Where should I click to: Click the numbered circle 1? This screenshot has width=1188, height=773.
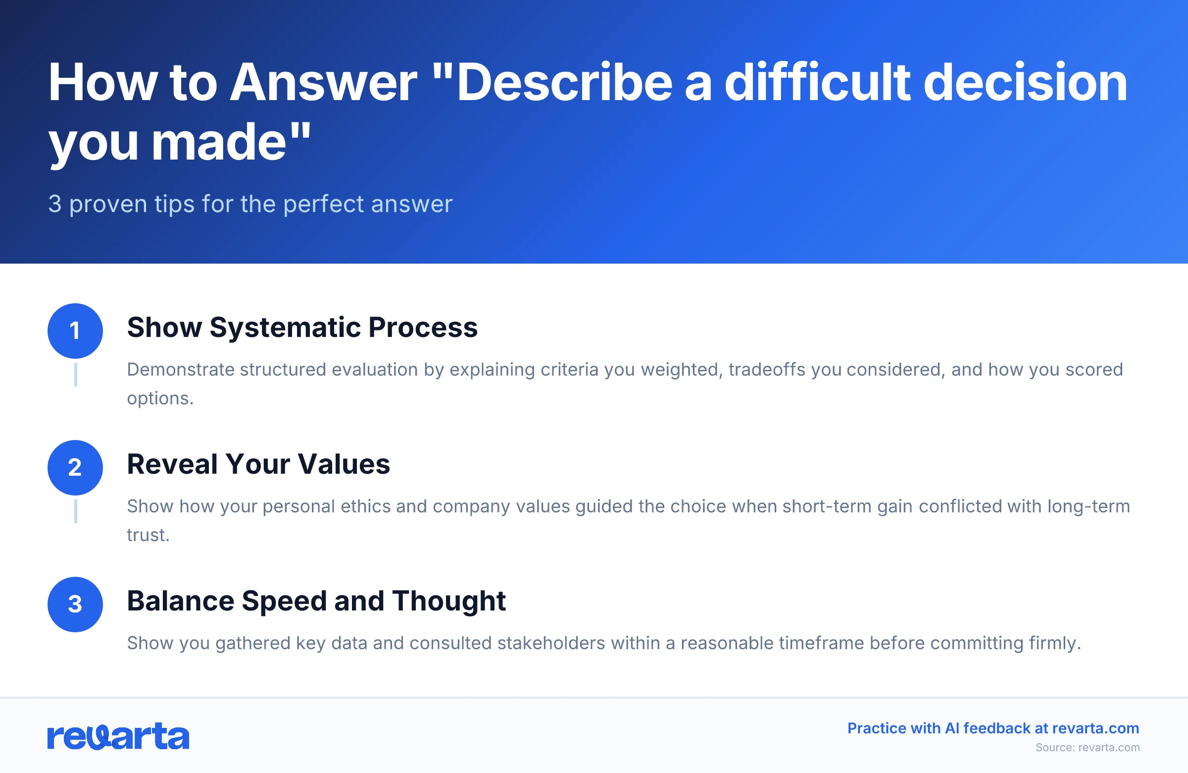tap(75, 331)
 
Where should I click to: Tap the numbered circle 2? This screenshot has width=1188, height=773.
tap(75, 468)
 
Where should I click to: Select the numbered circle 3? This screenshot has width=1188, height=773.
tap(75, 604)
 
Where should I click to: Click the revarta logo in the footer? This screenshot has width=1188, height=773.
tap(118, 736)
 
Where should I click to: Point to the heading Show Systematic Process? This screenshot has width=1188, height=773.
tap(302, 328)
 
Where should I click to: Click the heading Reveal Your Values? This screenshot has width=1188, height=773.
tap(258, 464)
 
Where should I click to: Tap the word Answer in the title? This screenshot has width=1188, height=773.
tap(323, 83)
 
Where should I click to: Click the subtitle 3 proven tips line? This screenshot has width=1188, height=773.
tap(250, 204)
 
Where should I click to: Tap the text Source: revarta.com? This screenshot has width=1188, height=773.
tap(1087, 748)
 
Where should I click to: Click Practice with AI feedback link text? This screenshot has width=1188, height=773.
tap(993, 728)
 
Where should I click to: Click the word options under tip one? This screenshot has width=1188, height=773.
tap(160, 398)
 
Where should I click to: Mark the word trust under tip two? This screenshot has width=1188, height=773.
tap(148, 535)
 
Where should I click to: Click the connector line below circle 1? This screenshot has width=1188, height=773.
tap(75, 374)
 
